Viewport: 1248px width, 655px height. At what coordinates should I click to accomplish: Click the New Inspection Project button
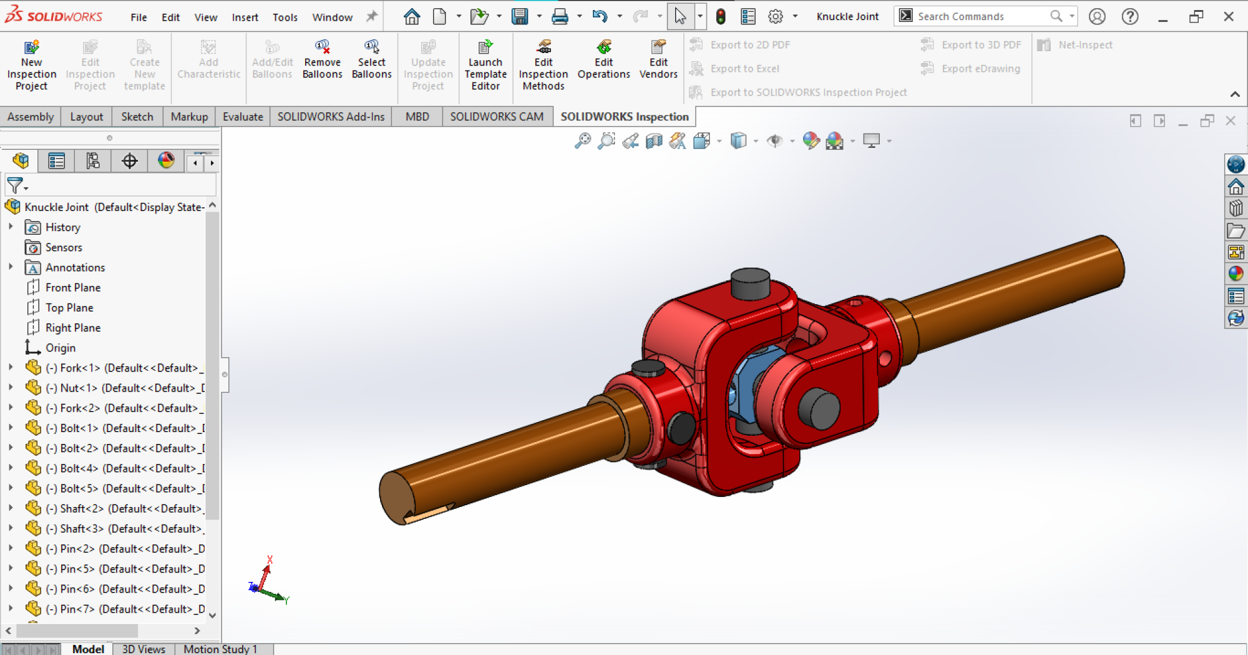pyautogui.click(x=31, y=65)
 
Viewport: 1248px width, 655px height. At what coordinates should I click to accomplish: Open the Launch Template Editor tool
pyautogui.click(x=485, y=65)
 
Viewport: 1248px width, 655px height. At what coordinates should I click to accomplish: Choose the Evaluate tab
pyautogui.click(x=243, y=117)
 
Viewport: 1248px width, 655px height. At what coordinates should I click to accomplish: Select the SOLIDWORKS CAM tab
pyautogui.click(x=497, y=117)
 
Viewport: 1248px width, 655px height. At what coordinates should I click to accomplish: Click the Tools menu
pyautogui.click(x=285, y=17)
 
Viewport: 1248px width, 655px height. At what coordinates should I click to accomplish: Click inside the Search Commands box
pyautogui.click(x=980, y=16)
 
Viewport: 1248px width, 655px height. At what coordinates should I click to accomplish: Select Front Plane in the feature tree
pyautogui.click(x=72, y=287)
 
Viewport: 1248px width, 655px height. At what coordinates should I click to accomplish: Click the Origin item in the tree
pyautogui.click(x=60, y=348)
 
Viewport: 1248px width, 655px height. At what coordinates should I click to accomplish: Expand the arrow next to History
pyautogui.click(x=11, y=227)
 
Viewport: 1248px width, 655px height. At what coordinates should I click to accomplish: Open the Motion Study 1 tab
pyautogui.click(x=220, y=649)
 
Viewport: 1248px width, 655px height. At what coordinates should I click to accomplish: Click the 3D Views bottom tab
pyautogui.click(x=144, y=649)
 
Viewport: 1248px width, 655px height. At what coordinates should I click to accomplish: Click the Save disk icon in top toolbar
pyautogui.click(x=519, y=16)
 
